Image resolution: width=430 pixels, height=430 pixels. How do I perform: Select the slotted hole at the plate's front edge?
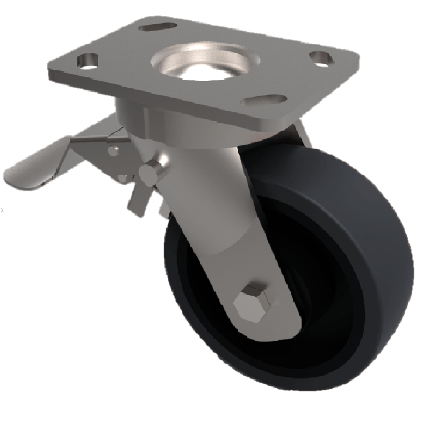pyautogui.click(x=263, y=100)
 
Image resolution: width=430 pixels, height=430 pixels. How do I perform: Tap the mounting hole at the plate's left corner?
pyautogui.click(x=88, y=60)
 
